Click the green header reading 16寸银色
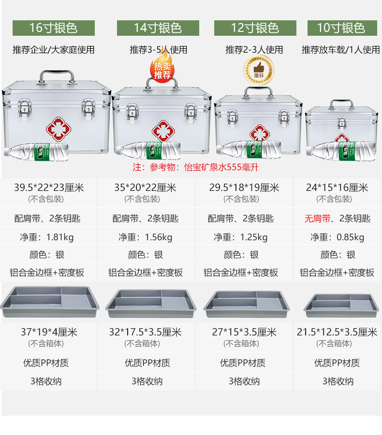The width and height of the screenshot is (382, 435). (53, 28)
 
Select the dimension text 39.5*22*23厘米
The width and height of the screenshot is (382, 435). (49, 188)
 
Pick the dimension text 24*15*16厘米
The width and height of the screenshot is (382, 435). (337, 188)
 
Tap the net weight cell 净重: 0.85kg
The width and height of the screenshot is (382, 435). (337, 237)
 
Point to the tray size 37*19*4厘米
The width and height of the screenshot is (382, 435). (49, 332)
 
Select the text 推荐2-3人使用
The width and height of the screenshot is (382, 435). (254, 49)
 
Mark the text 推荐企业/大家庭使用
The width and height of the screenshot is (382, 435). (54, 49)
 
